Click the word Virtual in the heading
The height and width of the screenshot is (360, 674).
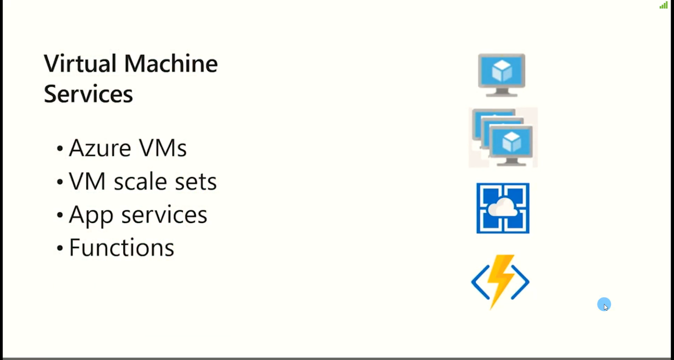point(80,64)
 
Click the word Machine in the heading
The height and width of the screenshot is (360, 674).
point(171,64)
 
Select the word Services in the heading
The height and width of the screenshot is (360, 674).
point(88,94)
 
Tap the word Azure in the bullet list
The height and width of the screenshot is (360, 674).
point(100,148)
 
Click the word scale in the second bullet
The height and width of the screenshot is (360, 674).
point(141,182)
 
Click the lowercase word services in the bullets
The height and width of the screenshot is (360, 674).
point(164,215)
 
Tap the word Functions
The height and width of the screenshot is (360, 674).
point(121,247)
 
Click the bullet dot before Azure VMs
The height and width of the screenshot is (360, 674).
point(60,148)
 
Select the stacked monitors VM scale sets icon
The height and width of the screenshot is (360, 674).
point(503,137)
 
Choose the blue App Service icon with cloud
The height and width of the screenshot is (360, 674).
point(503,208)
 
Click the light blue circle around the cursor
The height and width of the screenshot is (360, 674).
point(604,304)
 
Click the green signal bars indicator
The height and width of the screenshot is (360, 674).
point(663,5)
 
